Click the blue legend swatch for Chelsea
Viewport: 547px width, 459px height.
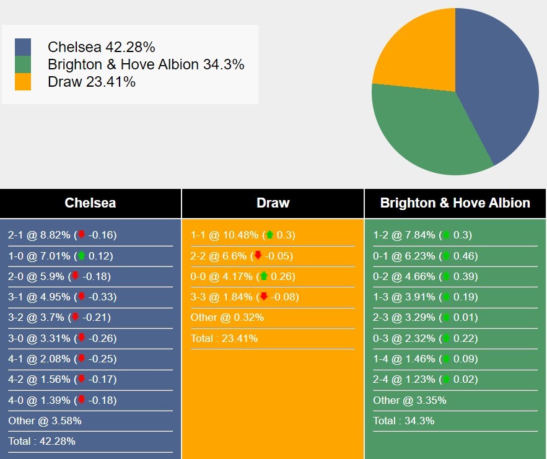pyautogui.click(x=23, y=47)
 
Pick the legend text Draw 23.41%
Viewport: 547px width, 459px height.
pyautogui.click(x=92, y=82)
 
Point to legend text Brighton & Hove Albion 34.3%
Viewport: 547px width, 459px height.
pyautogui.click(x=146, y=64)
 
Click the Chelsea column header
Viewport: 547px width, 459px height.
pyautogui.click(x=90, y=203)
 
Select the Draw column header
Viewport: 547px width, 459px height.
pyautogui.click(x=273, y=203)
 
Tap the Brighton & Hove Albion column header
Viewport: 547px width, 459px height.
pyautogui.click(x=455, y=203)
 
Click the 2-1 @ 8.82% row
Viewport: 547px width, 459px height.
pyautogui.click(x=63, y=235)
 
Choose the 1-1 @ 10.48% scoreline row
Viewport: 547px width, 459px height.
pyautogui.click(x=243, y=235)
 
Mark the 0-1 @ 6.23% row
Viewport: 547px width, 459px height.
pyautogui.click(x=425, y=256)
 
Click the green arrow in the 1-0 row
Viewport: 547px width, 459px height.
pyautogui.click(x=81, y=256)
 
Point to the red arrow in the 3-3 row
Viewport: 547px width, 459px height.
pyautogui.click(x=264, y=297)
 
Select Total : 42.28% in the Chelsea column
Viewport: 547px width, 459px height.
pyautogui.click(x=42, y=441)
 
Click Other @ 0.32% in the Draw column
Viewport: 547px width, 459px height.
pyautogui.click(x=227, y=317)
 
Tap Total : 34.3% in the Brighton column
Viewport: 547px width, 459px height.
pyautogui.click(x=404, y=421)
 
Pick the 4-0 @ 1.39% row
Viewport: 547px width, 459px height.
pyautogui.click(x=63, y=400)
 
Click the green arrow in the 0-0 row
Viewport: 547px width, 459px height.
pyautogui.click(x=264, y=276)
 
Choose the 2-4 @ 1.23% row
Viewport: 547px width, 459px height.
pyautogui.click(x=425, y=380)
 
